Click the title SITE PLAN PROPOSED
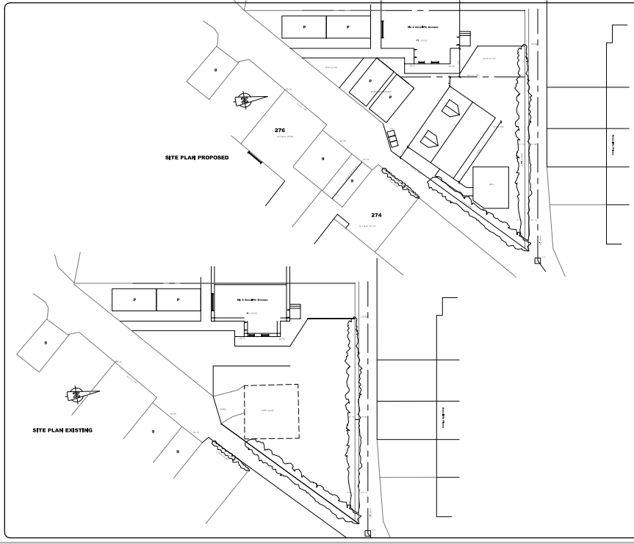(196, 157)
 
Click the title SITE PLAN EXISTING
(62, 430)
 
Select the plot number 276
(279, 130)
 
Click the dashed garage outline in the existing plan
(271, 411)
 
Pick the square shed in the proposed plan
(491, 186)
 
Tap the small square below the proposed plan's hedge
(538, 260)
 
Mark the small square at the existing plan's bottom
(367, 533)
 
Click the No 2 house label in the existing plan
(250, 300)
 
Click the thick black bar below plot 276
(254, 156)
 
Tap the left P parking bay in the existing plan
(134, 300)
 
